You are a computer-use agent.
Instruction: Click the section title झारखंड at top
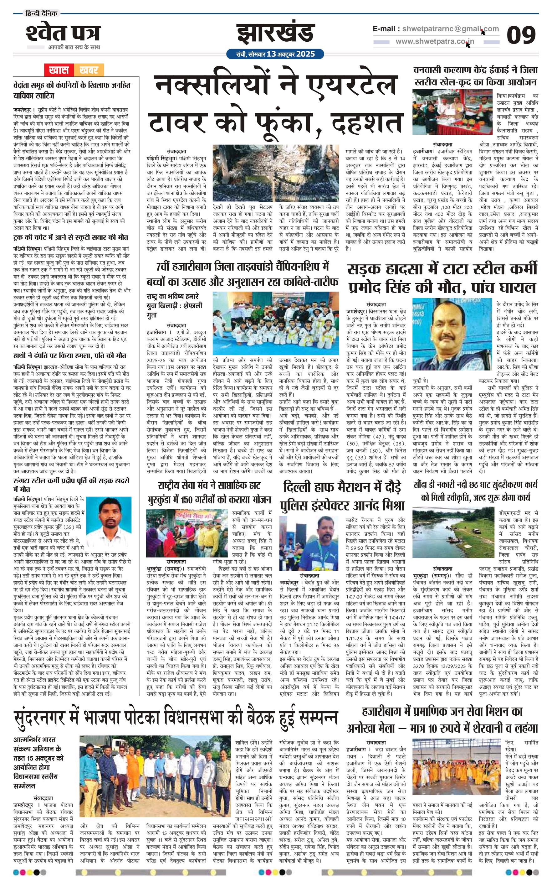point(276,34)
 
